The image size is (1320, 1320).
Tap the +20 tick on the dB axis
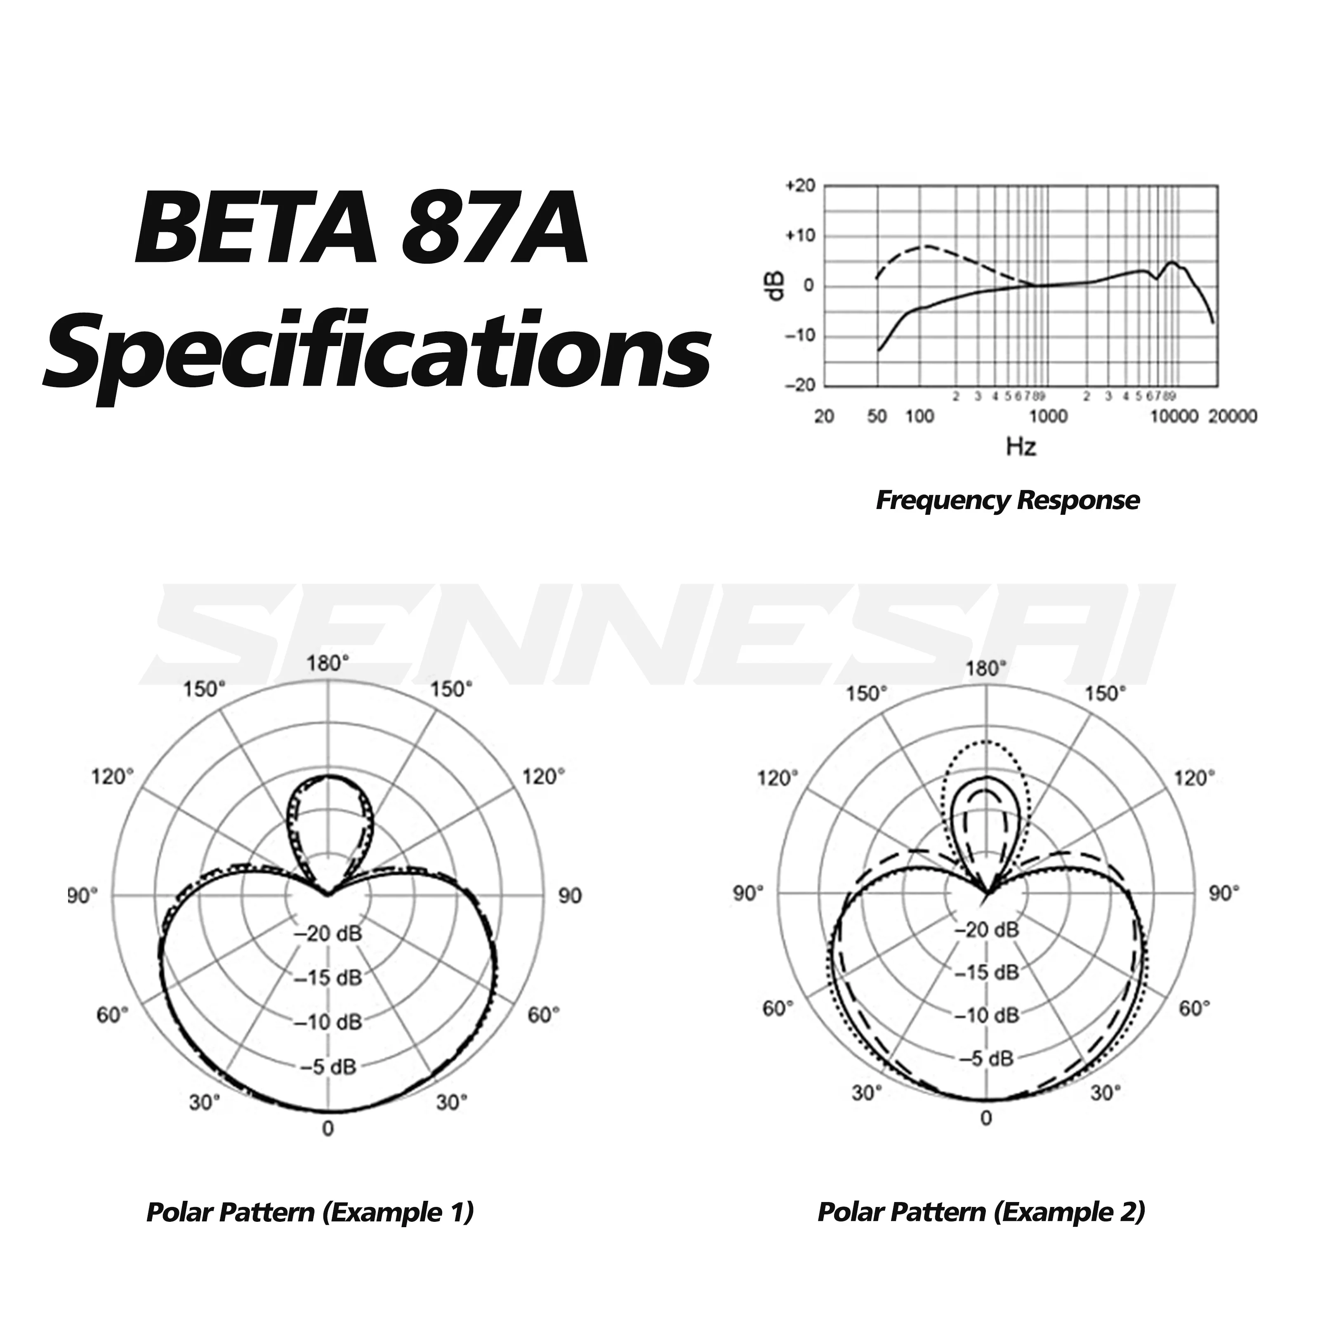click(800, 186)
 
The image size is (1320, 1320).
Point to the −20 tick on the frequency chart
click(800, 385)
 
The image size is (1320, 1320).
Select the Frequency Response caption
click(1007, 500)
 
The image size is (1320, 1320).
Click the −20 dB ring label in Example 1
click(329, 933)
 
